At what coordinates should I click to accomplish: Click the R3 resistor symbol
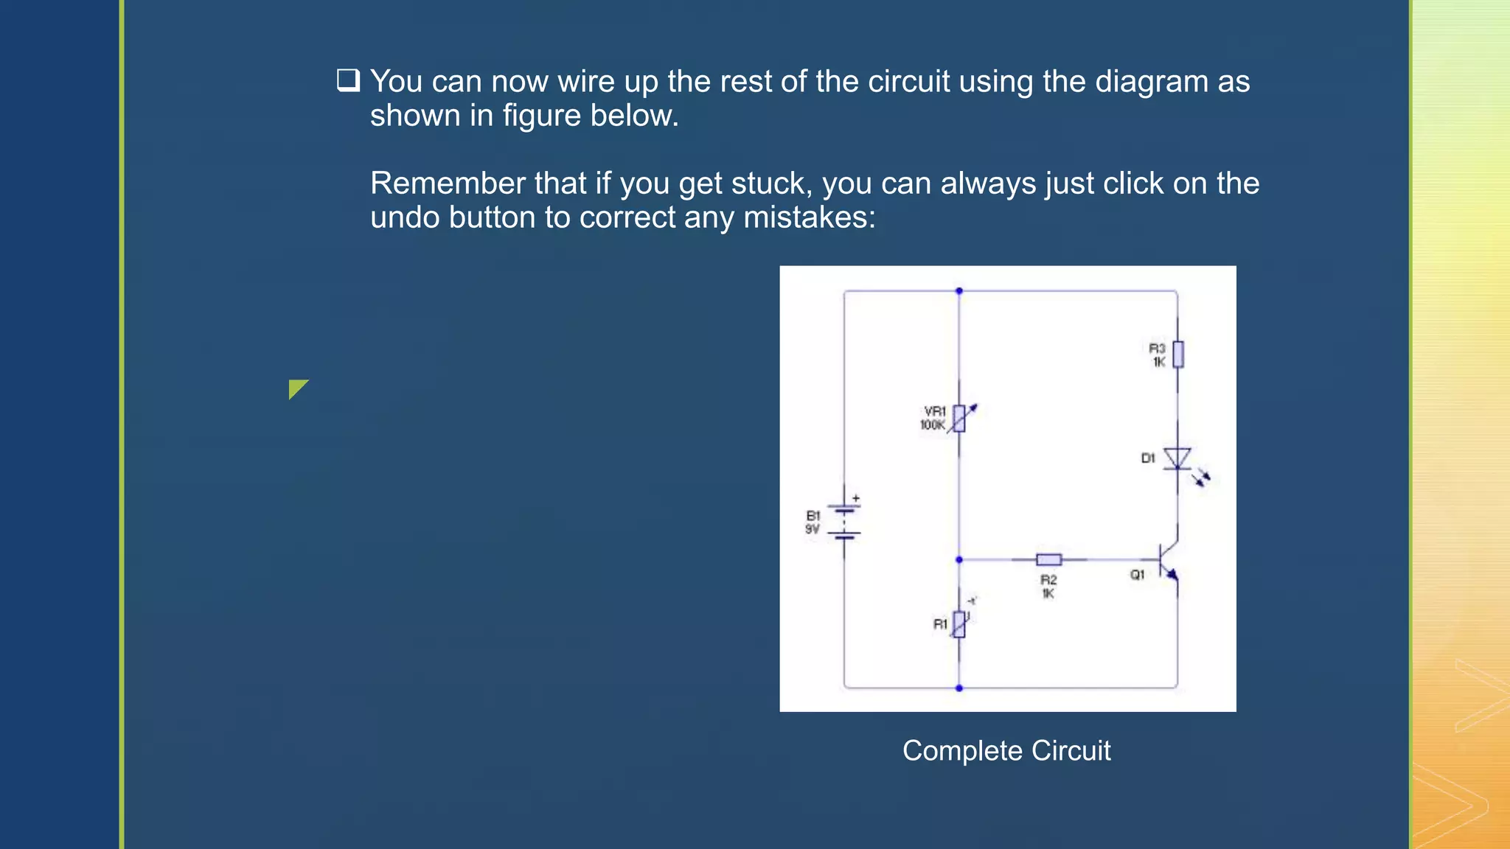click(1177, 354)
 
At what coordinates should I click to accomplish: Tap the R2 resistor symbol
click(1048, 559)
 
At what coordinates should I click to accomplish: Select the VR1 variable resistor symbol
click(959, 418)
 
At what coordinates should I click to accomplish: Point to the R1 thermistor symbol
click(959, 623)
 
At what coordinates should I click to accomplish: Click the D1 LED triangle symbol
click(1177, 458)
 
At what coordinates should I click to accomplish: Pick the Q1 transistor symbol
click(1168, 560)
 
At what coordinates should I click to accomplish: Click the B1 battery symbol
click(844, 522)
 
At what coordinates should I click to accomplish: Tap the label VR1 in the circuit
click(935, 410)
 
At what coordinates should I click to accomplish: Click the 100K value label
click(932, 425)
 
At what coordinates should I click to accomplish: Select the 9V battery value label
click(812, 529)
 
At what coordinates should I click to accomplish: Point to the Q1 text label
click(1137, 574)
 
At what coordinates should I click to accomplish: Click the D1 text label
click(1147, 458)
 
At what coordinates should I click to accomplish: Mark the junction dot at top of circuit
click(959, 291)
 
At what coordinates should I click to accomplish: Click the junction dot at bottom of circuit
click(959, 688)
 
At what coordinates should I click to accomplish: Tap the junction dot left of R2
click(959, 559)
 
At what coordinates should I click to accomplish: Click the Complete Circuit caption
click(1006, 750)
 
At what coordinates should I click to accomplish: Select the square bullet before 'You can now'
click(348, 80)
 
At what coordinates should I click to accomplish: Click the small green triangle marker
click(296, 388)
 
